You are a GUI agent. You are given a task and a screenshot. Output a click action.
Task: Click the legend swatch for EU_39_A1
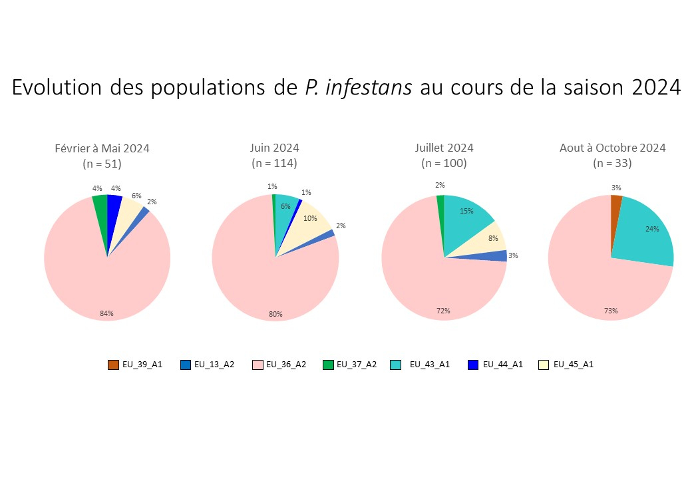[113, 365]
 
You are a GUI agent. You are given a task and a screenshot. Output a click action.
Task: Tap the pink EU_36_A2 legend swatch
[258, 365]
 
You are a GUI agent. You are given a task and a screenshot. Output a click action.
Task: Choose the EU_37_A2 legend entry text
[357, 365]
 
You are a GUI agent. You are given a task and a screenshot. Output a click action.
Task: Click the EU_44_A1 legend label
[502, 365]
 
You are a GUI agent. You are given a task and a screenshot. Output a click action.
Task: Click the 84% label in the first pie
[106, 313]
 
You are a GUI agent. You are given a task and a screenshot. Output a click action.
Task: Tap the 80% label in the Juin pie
[275, 314]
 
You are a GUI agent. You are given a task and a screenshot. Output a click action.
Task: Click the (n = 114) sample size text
[274, 163]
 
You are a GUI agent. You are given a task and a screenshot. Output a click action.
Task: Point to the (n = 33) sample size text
[612, 163]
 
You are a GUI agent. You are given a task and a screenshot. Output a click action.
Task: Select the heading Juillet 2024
[444, 148]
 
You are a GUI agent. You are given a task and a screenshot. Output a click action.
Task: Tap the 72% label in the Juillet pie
[443, 311]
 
